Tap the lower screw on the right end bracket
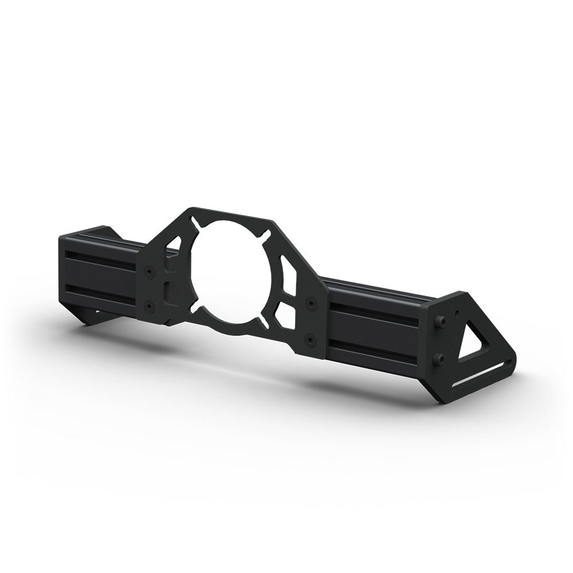point(439,359)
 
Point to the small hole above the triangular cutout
point(457,314)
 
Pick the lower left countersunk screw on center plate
point(150,307)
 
